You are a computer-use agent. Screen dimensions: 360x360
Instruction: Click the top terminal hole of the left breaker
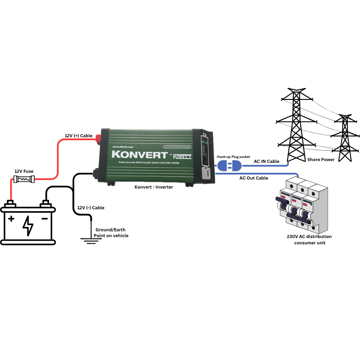(292, 184)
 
